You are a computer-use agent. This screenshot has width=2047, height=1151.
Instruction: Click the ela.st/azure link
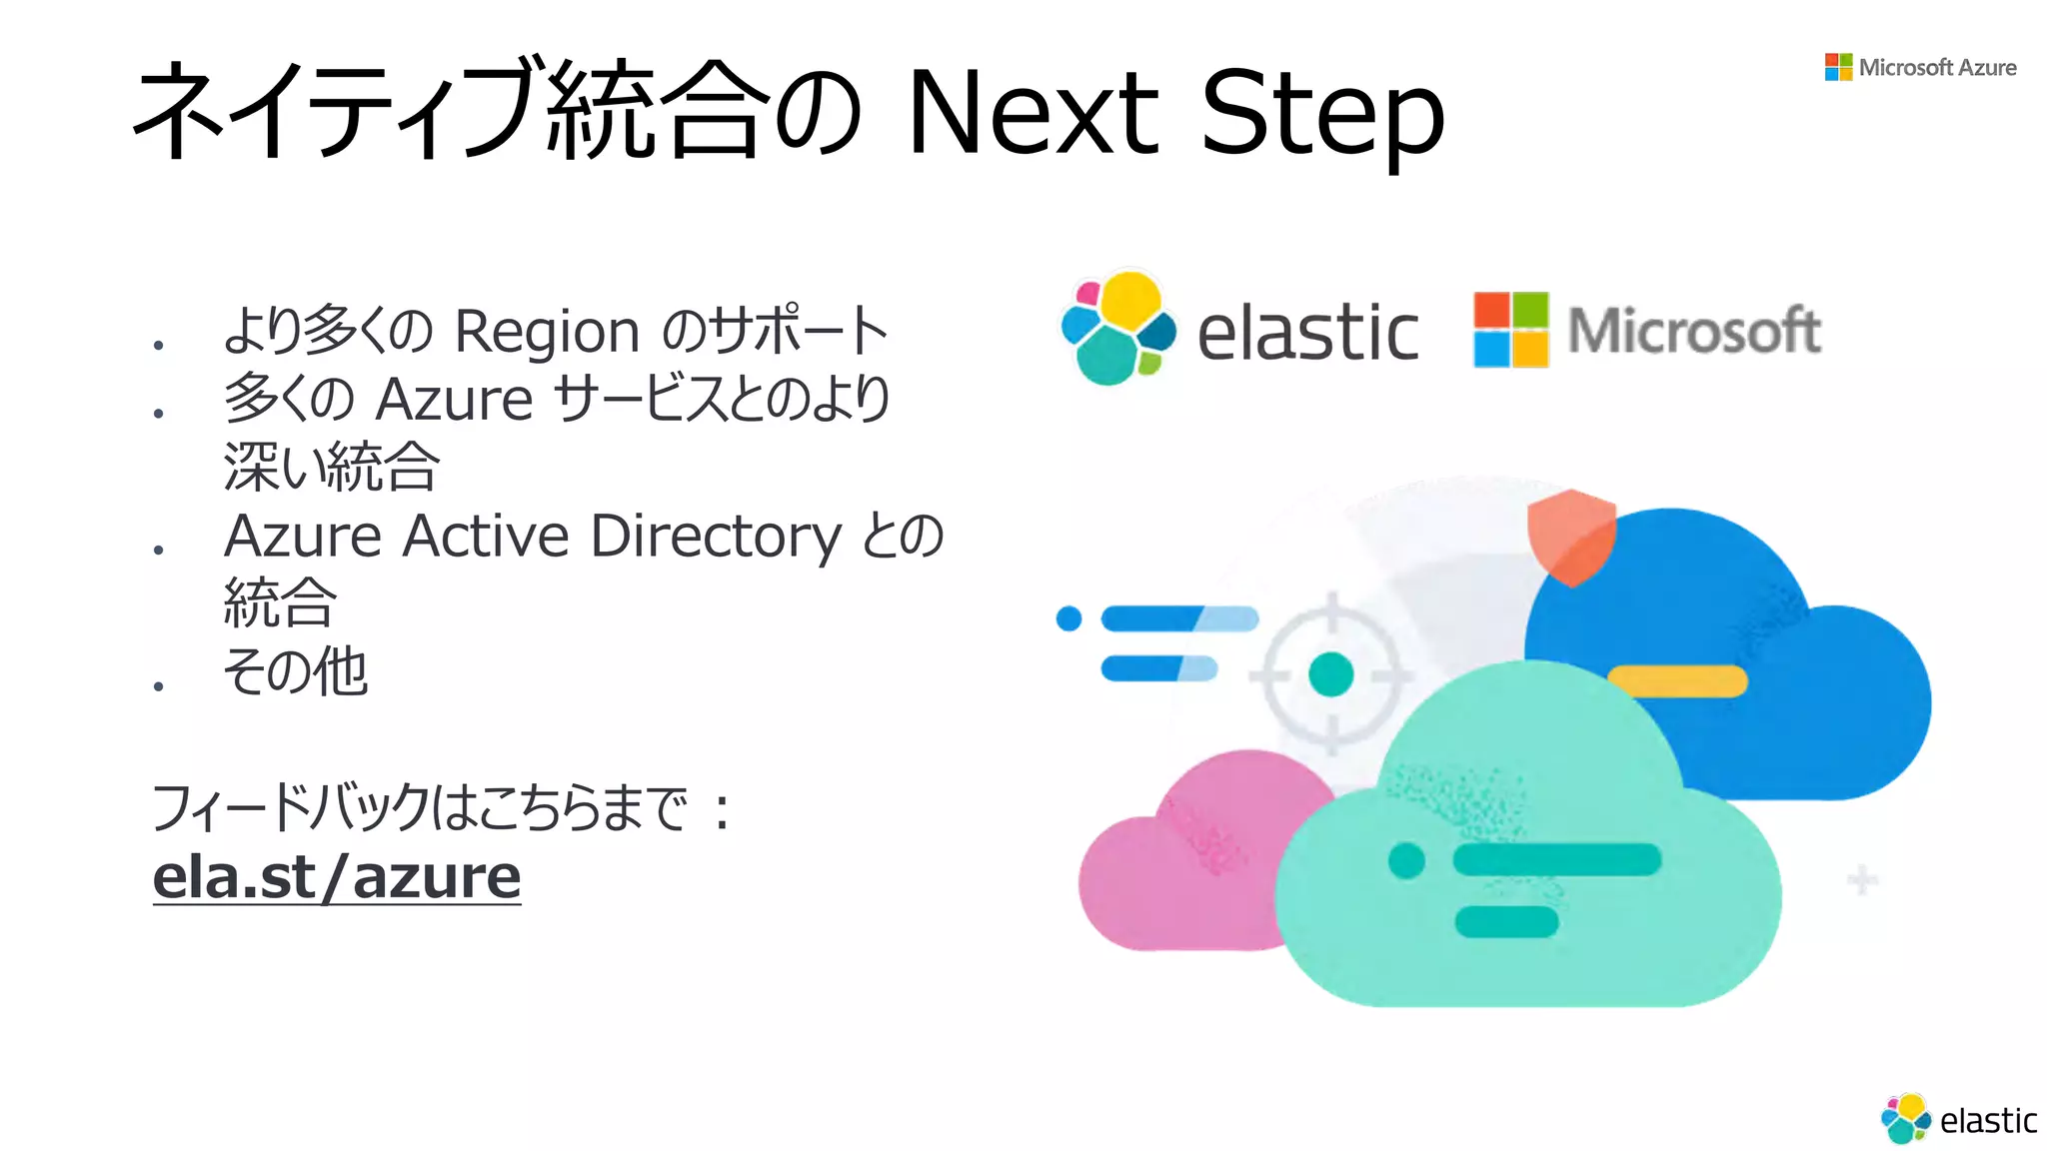337,876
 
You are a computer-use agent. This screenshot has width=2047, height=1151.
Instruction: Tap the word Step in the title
1321,112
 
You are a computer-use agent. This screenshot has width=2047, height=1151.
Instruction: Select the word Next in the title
1033,112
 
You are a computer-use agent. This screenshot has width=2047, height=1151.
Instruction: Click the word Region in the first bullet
547,331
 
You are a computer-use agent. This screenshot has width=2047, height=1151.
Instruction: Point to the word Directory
717,537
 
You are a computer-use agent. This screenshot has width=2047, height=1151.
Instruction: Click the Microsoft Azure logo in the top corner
1920,67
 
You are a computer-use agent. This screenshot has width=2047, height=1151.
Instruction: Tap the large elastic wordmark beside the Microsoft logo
1307,333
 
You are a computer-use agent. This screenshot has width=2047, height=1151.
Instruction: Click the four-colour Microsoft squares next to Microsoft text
1510,330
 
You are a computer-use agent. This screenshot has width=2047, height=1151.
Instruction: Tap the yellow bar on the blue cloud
1677,680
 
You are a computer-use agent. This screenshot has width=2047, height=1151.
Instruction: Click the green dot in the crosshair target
1330,674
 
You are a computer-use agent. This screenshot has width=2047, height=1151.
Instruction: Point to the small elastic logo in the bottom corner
1958,1119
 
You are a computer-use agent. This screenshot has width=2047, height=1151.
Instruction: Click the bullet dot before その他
158,685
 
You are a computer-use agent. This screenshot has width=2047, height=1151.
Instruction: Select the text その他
296,670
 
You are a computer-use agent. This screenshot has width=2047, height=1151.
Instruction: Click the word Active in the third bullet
486,537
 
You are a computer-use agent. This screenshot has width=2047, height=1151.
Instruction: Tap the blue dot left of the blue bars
1068,618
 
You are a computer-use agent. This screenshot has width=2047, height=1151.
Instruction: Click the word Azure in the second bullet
454,400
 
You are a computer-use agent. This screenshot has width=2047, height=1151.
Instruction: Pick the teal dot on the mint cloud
1406,859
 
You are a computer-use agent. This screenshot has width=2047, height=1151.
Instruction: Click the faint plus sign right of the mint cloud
1861,880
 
